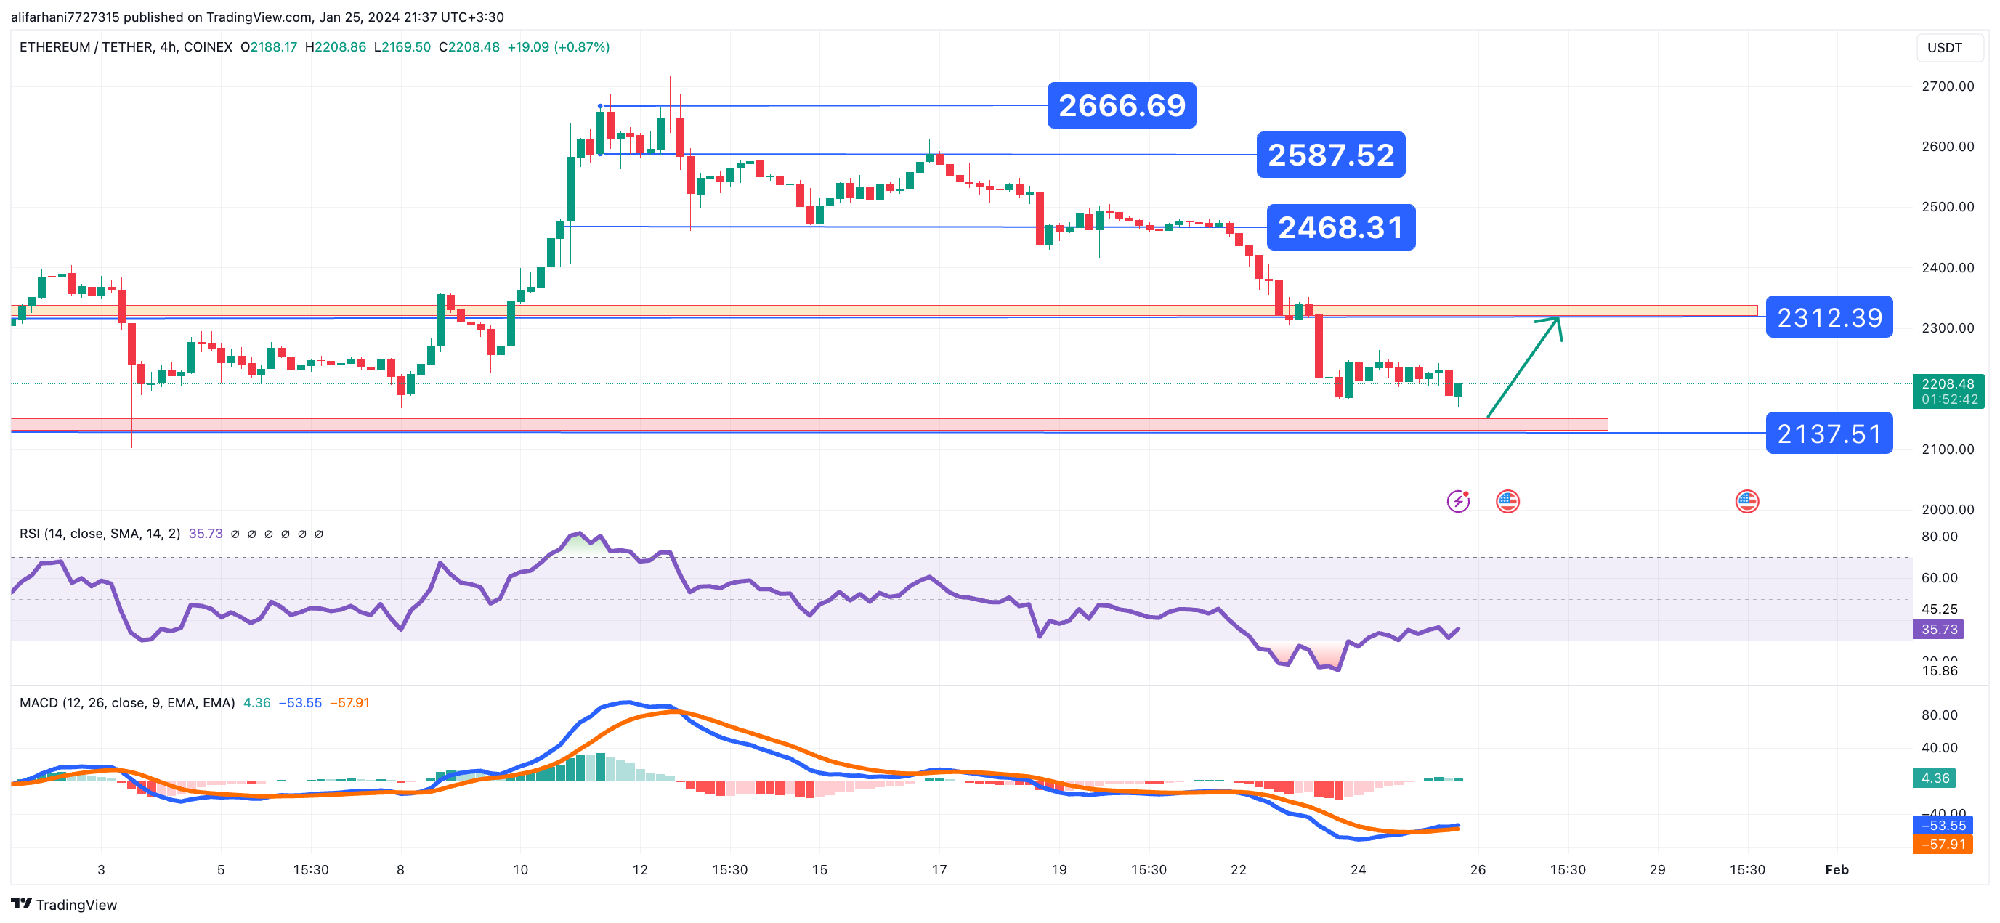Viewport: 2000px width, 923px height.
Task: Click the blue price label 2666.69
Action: point(1121,105)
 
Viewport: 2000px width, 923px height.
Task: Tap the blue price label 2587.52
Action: point(1331,155)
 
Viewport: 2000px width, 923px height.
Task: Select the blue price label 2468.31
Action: point(1341,227)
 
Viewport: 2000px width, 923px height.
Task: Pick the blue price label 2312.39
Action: point(1829,317)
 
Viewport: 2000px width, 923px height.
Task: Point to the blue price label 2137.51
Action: point(1829,433)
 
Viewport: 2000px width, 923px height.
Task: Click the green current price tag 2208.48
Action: point(1947,384)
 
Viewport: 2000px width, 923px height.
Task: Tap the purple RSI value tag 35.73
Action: point(1939,630)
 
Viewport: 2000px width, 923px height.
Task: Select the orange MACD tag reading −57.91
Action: point(1943,845)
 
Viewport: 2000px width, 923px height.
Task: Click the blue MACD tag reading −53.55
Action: point(1943,826)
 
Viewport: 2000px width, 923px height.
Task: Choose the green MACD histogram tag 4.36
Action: point(1935,778)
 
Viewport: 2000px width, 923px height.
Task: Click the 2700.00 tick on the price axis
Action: point(1947,86)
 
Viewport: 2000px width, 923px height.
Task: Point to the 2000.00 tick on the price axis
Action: point(1947,509)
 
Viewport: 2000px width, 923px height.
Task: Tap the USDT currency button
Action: point(1944,48)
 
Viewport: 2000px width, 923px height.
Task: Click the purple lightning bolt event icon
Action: point(1458,502)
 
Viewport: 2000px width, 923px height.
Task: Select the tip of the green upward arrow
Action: point(1558,317)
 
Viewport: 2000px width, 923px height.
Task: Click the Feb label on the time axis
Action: point(1837,869)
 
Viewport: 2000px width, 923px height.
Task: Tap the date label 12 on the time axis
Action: point(640,869)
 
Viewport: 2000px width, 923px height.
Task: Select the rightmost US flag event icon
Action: point(1747,502)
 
